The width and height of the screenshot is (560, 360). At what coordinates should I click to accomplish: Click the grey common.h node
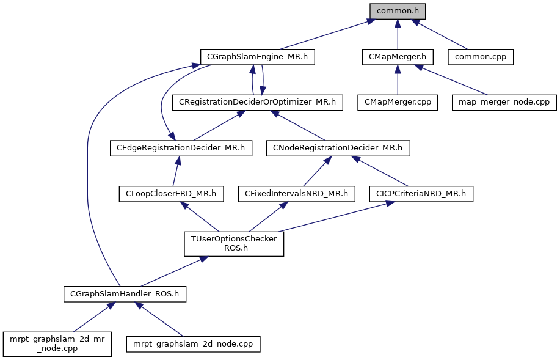(x=397, y=11)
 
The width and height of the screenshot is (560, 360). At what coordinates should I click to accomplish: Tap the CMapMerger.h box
(x=397, y=57)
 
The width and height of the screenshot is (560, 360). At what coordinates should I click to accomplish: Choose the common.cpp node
(x=481, y=57)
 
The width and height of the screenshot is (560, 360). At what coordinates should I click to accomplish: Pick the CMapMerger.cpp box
(x=398, y=102)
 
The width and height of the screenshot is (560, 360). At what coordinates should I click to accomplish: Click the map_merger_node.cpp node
(x=504, y=102)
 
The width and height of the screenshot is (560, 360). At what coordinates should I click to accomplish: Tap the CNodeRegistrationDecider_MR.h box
(x=338, y=147)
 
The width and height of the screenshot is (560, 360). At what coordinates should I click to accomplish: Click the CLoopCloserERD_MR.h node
(x=170, y=194)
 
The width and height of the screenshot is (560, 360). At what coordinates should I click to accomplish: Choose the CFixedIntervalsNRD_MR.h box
(x=296, y=194)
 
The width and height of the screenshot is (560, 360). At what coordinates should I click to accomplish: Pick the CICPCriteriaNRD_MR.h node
(x=421, y=194)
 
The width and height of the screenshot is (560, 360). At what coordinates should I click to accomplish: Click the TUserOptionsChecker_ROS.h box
(x=233, y=244)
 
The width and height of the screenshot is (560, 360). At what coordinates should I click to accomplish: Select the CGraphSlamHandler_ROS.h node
(x=125, y=294)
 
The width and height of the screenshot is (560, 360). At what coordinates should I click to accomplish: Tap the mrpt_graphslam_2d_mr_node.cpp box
(x=57, y=344)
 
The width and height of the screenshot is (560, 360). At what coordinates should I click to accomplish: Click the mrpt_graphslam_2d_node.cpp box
(x=193, y=344)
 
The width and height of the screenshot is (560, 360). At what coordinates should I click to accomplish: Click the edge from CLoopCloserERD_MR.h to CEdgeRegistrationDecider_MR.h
(x=175, y=171)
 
